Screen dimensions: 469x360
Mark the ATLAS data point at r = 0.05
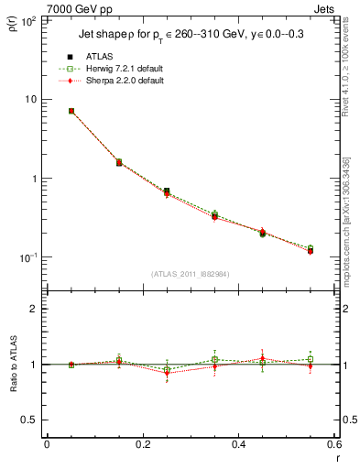coord(71,111)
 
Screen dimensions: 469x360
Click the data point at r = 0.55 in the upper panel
coord(311,249)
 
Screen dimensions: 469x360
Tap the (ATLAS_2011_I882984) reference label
coord(191,273)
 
